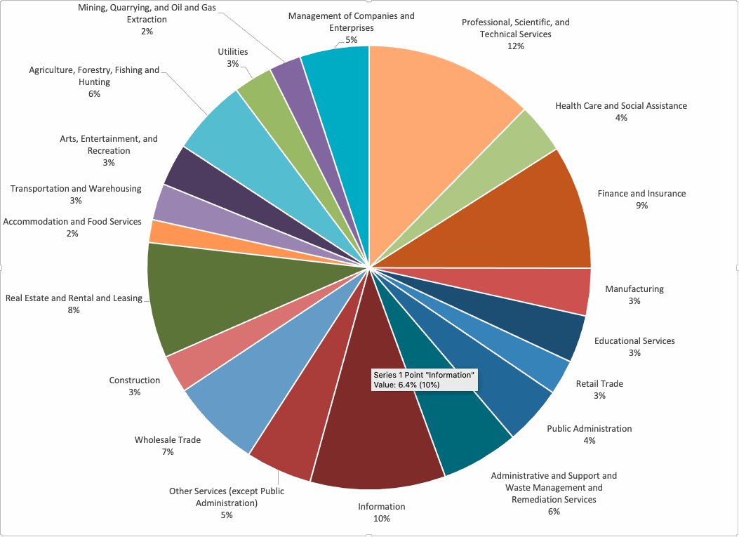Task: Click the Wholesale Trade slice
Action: (x=246, y=393)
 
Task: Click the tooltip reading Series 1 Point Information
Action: (x=425, y=379)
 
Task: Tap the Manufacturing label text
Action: (x=634, y=289)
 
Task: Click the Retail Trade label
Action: (x=599, y=384)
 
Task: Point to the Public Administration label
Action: (x=590, y=429)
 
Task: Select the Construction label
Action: (x=135, y=380)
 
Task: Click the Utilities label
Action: (x=232, y=52)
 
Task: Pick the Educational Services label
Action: (x=634, y=341)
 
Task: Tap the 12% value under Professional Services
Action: (x=516, y=46)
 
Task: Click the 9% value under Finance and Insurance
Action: (x=641, y=206)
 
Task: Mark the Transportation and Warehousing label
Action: (x=76, y=189)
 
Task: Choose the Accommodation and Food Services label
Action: (x=72, y=222)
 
